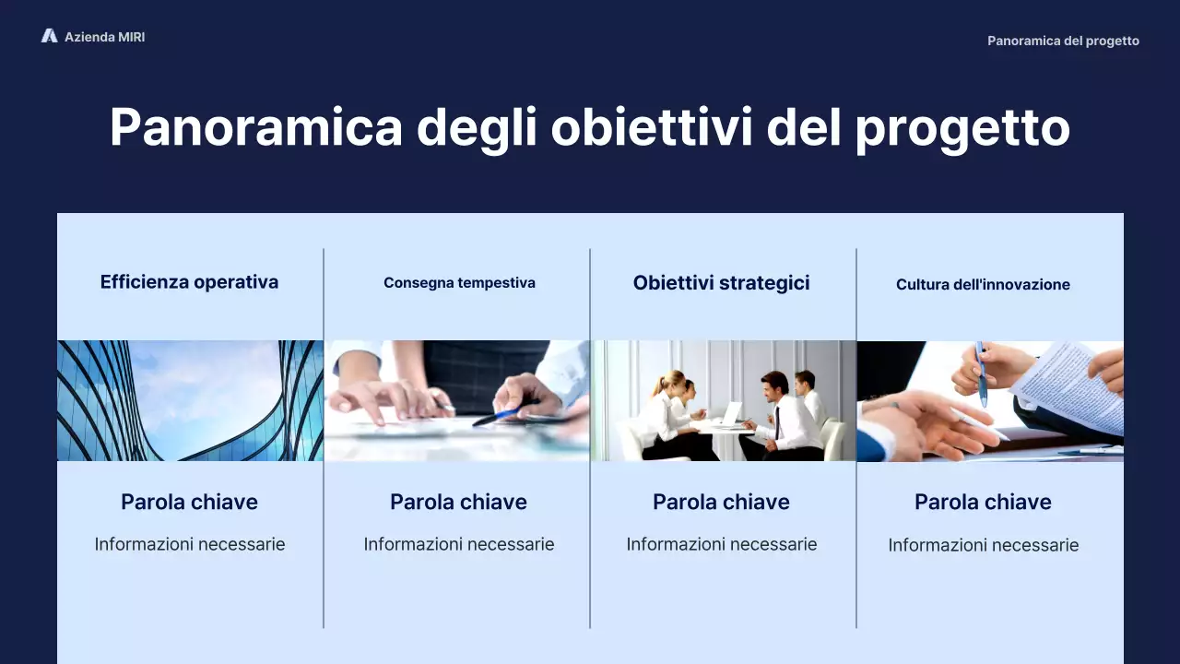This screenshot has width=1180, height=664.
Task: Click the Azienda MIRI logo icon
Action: [49, 36]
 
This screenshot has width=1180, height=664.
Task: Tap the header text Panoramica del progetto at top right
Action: [1063, 41]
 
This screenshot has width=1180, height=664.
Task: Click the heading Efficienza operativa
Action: [189, 282]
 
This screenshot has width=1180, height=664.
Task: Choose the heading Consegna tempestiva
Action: [459, 283]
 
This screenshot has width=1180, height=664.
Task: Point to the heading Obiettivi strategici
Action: [721, 283]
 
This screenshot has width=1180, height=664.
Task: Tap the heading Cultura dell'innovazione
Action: [983, 285]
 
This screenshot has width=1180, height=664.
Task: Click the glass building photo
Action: [190, 400]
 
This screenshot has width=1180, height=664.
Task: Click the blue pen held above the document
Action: [981, 374]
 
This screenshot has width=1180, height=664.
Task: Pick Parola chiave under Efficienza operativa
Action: [189, 503]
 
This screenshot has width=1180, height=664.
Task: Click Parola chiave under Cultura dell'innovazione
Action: [983, 503]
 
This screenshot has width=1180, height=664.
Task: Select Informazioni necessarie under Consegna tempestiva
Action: [459, 544]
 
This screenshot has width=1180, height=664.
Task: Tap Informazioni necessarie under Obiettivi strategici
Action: [721, 544]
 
